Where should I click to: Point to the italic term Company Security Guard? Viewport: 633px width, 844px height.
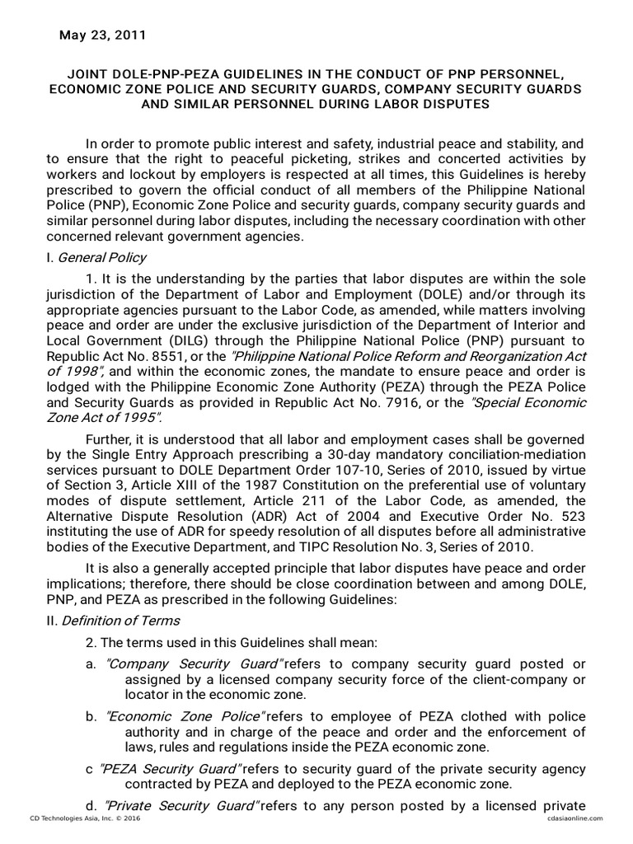tap(194, 664)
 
